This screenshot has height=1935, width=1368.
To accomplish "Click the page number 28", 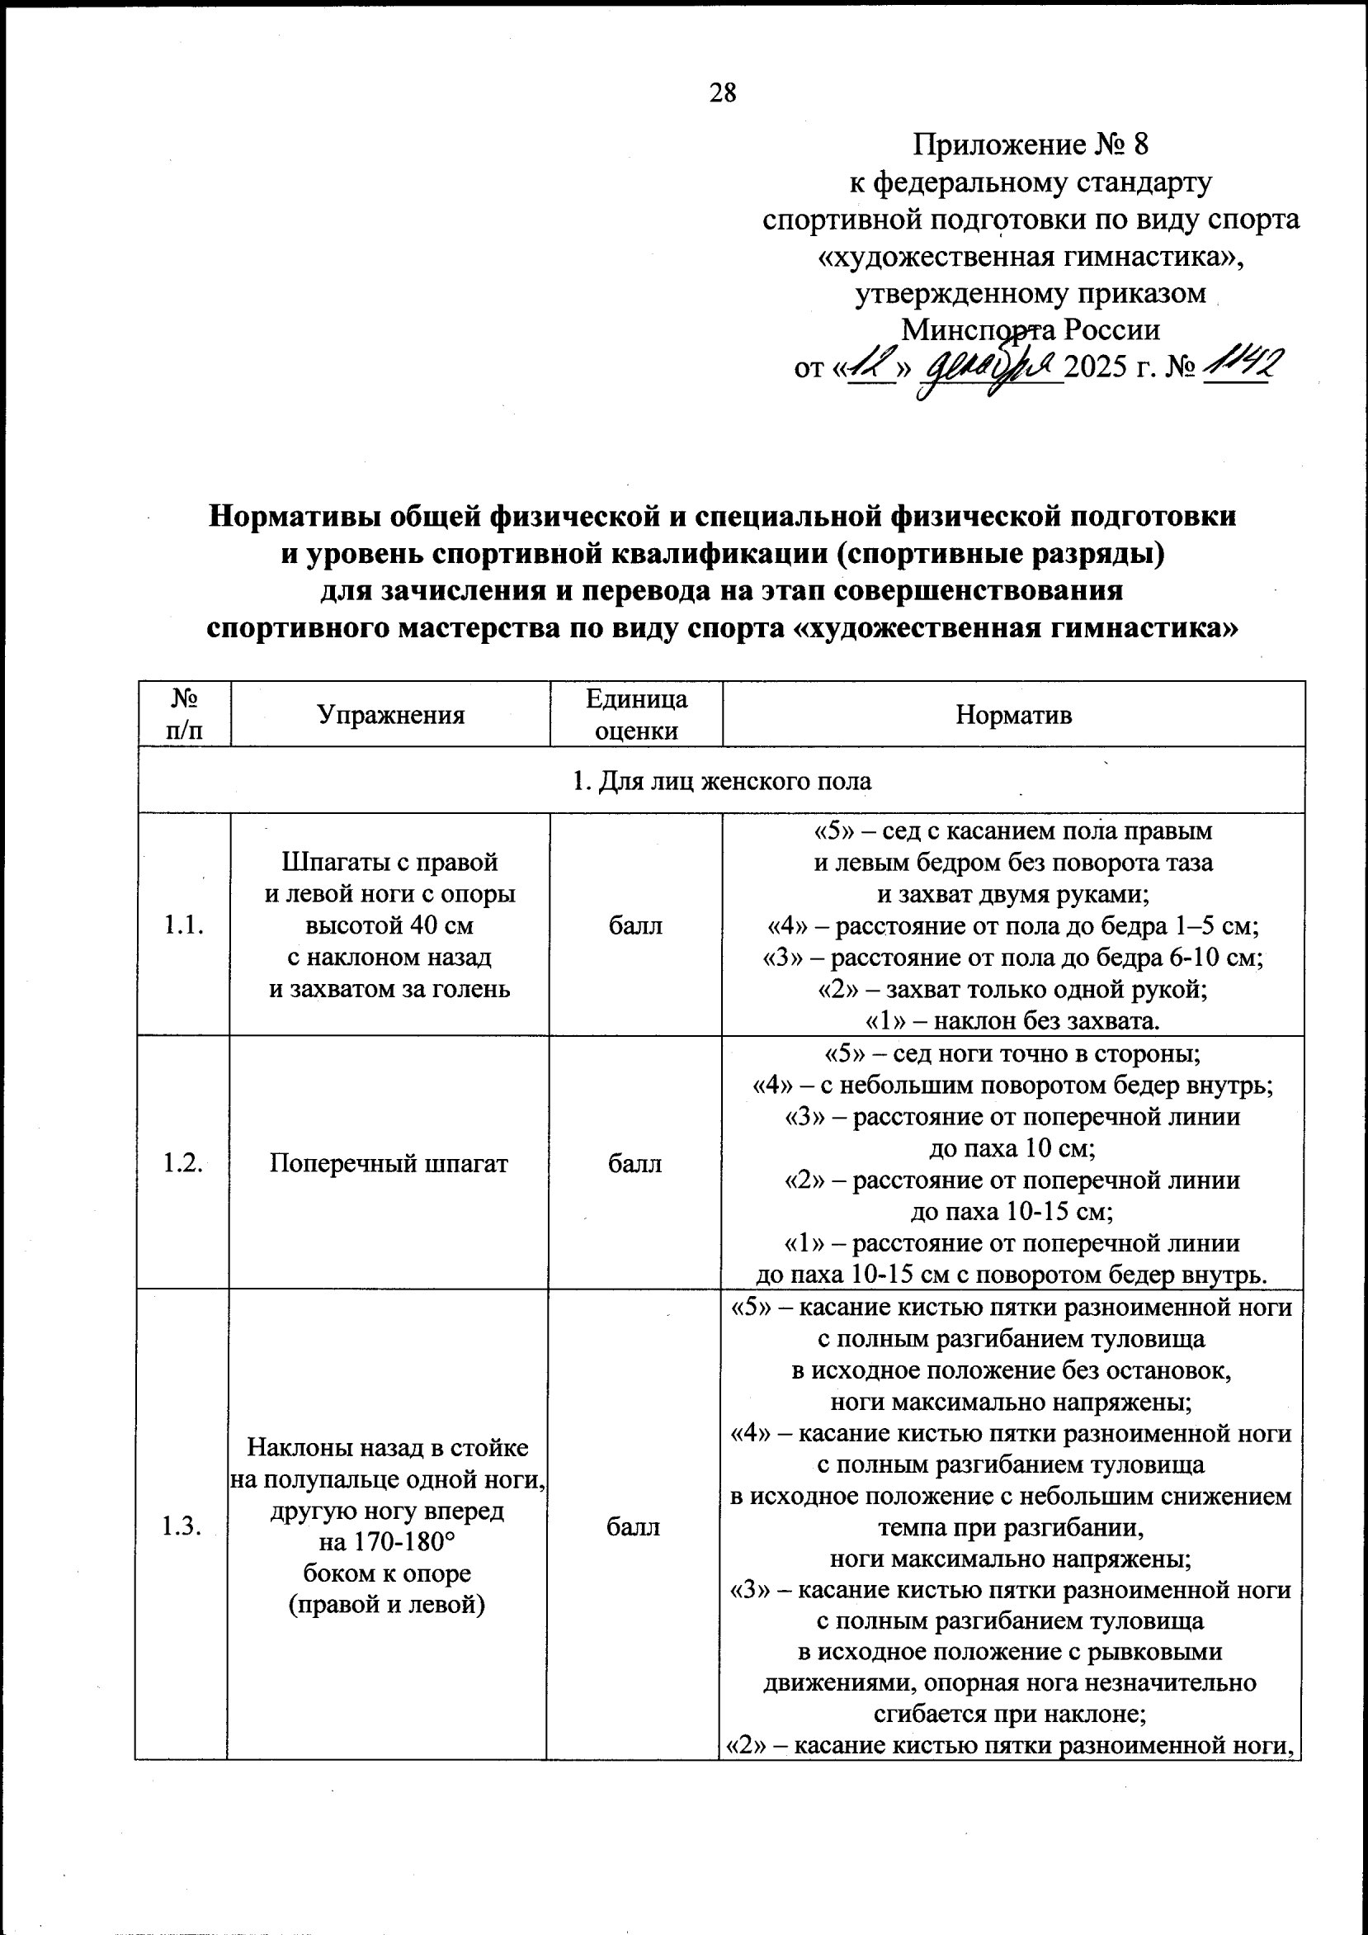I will [723, 92].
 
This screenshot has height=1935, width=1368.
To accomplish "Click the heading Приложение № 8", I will [1031, 145].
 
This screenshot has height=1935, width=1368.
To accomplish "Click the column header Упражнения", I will [390, 716].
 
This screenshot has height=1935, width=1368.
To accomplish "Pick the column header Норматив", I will [1013, 716].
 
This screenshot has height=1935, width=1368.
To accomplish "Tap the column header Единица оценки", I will [636, 715].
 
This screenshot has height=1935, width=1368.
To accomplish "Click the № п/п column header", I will [185, 715].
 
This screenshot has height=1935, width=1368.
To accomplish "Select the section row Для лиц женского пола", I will [722, 781].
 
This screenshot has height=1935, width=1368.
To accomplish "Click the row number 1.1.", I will [185, 925].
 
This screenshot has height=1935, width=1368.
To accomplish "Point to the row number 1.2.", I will [184, 1163].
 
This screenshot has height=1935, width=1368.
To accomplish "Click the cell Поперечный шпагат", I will [389, 1163].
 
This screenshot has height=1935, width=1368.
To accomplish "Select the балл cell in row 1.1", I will [635, 925].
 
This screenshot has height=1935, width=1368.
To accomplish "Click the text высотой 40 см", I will [389, 925].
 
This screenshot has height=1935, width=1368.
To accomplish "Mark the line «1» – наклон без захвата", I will [1012, 1021].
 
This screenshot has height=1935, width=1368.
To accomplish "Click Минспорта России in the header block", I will [1031, 329].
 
